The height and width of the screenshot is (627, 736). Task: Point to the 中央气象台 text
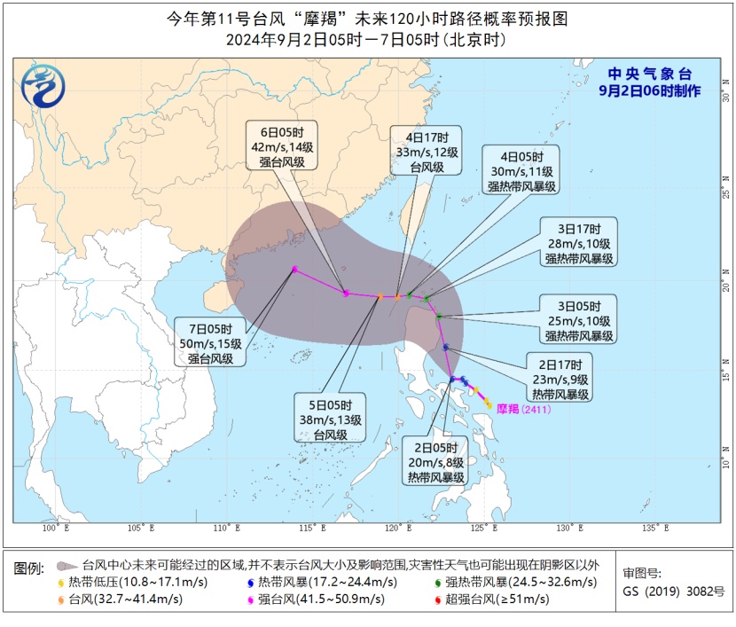[650, 74]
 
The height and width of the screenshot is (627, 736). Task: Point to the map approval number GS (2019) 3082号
[673, 591]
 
